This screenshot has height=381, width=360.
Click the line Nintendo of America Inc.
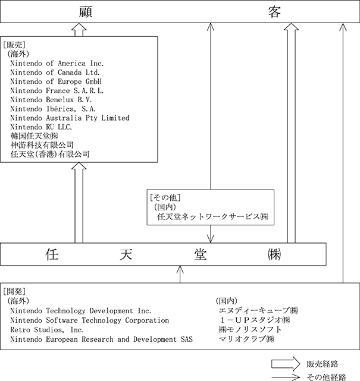point(57,64)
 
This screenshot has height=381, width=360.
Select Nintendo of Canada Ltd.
point(55,73)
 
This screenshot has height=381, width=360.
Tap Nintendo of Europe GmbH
point(56,81)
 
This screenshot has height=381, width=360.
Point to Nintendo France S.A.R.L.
point(57,90)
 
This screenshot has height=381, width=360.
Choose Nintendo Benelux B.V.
point(51,100)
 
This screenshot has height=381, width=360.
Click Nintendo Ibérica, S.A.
point(53,109)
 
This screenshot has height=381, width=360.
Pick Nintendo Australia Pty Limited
point(70,118)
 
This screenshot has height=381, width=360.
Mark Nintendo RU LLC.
point(41,127)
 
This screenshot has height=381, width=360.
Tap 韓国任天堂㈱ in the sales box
point(35,136)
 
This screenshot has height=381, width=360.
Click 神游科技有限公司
point(42,145)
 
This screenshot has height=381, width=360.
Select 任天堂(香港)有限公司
point(50,154)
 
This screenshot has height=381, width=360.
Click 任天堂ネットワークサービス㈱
point(212,216)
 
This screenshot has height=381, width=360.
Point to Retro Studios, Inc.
point(47,330)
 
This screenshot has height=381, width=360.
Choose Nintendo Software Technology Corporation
point(89,320)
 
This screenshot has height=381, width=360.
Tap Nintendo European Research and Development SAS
point(101,339)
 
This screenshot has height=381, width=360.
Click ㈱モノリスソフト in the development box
point(250,329)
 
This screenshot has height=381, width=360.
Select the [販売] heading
point(14,45)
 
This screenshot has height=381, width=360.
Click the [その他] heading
point(165,197)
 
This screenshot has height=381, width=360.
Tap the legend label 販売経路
point(323,364)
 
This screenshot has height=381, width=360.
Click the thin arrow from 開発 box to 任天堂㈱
point(180,274)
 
